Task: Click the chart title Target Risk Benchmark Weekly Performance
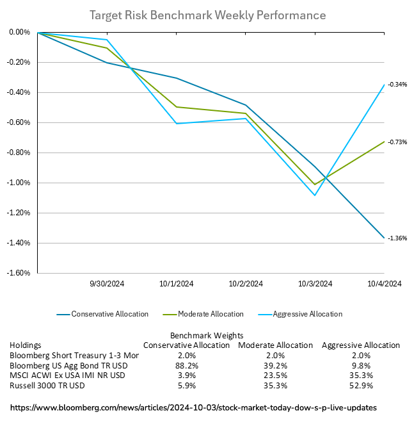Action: point(207,15)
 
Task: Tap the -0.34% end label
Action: point(397,85)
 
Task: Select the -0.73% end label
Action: point(397,142)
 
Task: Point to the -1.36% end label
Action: point(397,238)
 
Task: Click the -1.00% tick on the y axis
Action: point(19,183)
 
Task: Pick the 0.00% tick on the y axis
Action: point(20,32)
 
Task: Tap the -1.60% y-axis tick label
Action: point(19,273)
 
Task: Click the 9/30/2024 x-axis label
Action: point(107,284)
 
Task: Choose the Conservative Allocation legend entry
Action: point(109,314)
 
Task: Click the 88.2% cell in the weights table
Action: point(186,365)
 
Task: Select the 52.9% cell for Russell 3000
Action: point(360,385)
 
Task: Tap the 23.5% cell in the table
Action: point(275,375)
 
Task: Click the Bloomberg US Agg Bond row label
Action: point(60,365)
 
